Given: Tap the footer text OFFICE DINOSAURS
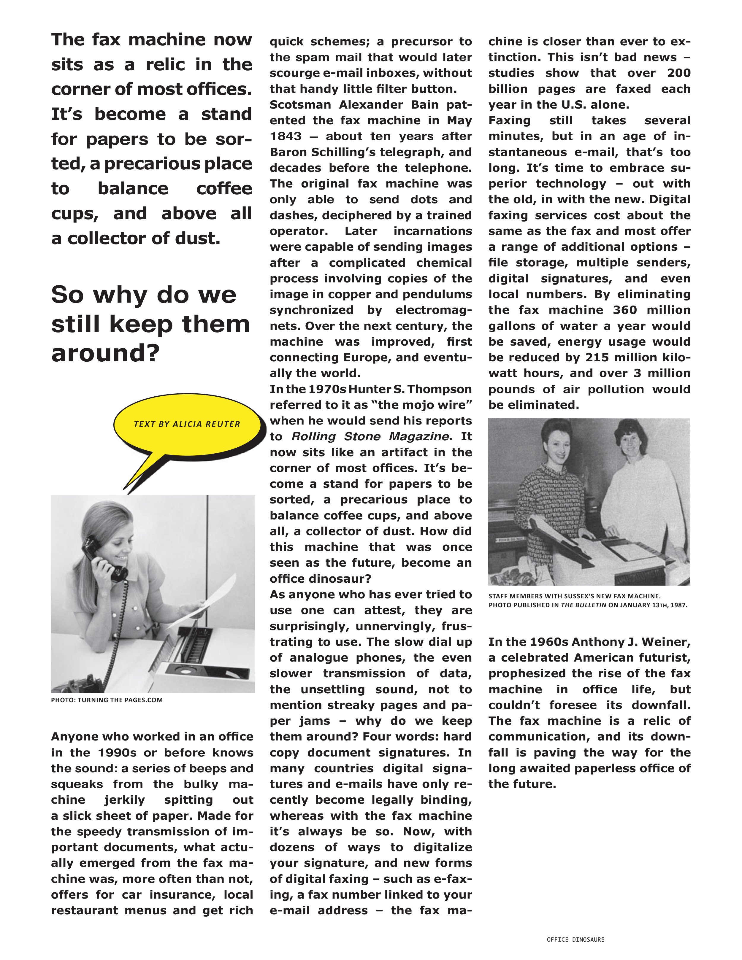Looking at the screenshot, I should tap(575, 939).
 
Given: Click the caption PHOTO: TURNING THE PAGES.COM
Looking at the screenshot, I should tap(107, 700).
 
